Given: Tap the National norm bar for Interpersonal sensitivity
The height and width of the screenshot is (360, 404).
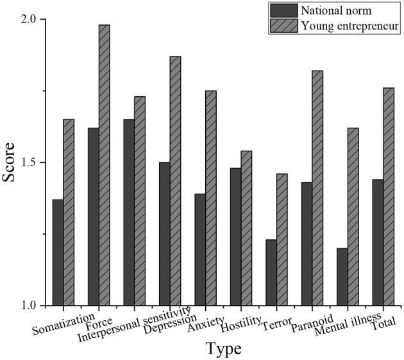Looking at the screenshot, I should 129,212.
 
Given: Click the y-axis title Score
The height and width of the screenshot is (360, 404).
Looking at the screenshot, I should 9,163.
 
